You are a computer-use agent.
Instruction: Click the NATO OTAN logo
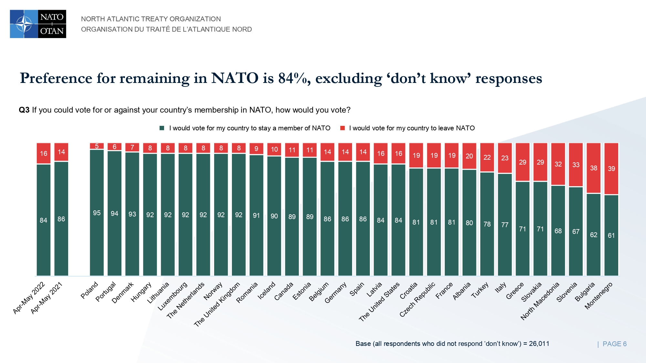(x=38, y=24)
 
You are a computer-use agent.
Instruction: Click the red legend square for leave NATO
(x=343, y=128)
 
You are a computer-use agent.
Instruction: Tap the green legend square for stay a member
(x=162, y=128)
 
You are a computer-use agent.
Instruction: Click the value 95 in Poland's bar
(x=97, y=213)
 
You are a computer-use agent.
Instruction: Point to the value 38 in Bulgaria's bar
(x=594, y=168)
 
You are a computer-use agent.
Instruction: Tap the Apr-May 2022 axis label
(x=29, y=298)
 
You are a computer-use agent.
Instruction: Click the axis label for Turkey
(x=480, y=290)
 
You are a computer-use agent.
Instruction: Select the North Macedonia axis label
(x=540, y=301)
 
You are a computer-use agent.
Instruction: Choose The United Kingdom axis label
(x=217, y=304)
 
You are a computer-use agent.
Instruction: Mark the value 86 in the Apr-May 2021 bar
(x=61, y=219)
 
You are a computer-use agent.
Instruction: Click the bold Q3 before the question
(x=24, y=110)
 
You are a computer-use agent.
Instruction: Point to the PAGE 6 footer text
(x=614, y=344)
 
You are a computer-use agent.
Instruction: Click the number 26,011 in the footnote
(x=539, y=344)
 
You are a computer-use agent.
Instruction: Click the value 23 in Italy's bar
(x=505, y=158)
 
